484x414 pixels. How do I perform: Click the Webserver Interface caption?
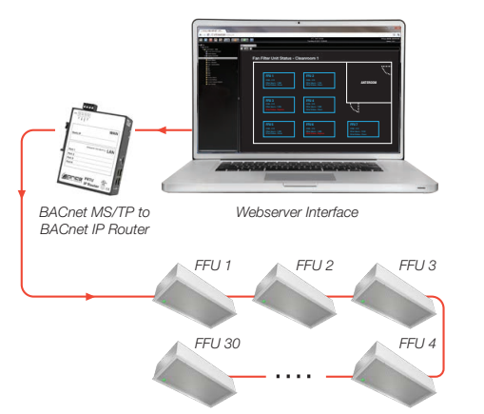point(299,211)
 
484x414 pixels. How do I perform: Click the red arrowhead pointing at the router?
point(161,129)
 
